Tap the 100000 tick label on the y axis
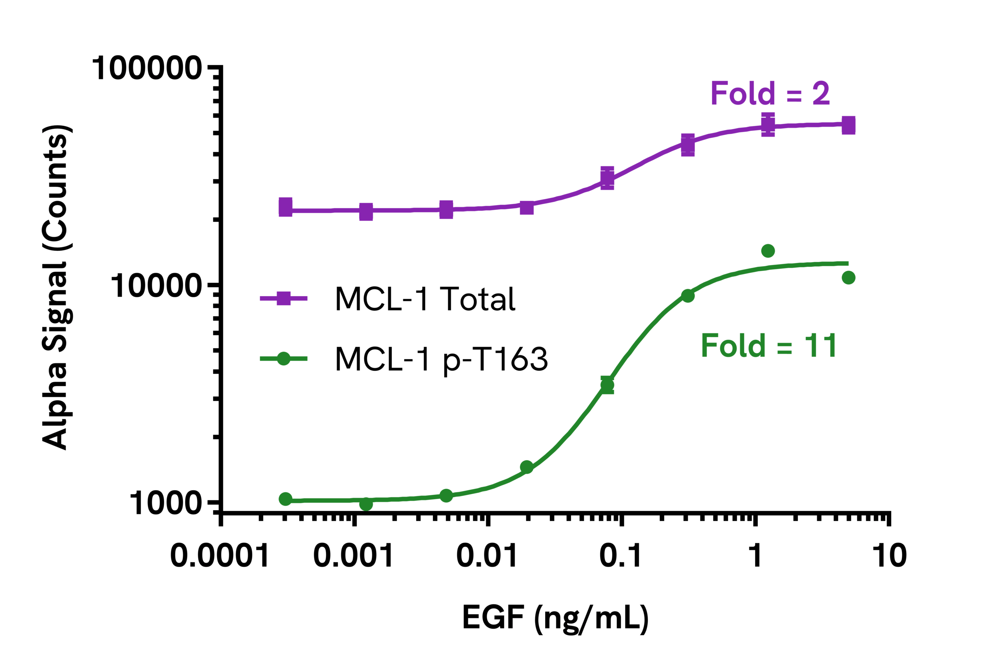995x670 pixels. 147,68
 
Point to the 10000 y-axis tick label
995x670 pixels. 156,286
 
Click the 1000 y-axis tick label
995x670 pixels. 165,503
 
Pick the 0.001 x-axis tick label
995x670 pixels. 353,556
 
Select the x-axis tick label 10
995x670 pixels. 889,556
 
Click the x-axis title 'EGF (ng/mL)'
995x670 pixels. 555,618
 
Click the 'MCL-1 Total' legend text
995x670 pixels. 425,299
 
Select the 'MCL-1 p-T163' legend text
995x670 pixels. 441,359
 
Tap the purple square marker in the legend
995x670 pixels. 283,298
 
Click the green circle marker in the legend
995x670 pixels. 283,358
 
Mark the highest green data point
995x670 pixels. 768,251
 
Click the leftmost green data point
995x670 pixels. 286,499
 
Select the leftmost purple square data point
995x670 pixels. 286,207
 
